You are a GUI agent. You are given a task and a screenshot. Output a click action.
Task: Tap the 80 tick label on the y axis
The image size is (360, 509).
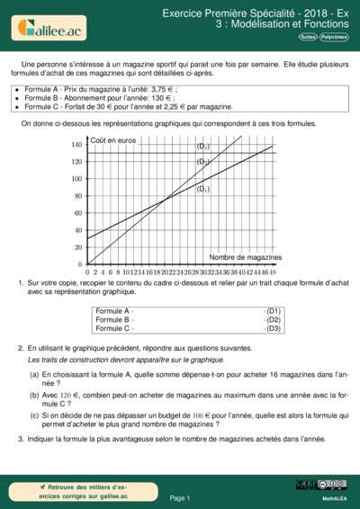point(77,196)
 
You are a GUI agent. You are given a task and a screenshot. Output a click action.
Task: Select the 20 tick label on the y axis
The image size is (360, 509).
point(77,247)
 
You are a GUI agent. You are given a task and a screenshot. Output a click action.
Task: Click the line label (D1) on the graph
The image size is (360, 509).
point(202,190)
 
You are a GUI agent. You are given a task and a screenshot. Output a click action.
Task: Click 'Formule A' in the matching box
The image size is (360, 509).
point(112,311)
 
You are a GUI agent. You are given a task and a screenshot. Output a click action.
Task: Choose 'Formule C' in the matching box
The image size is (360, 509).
point(112,328)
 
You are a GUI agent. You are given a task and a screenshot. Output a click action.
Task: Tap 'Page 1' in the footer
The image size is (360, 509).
point(180,497)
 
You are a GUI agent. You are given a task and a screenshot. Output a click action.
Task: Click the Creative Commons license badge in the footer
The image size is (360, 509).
point(330,485)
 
